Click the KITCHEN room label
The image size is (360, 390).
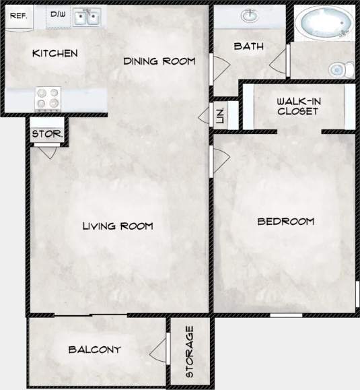tap(55, 53)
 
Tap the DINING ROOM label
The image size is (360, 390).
tap(159, 61)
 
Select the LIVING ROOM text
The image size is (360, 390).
tap(117, 226)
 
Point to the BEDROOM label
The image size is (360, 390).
tap(286, 221)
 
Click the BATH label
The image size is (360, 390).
tap(248, 46)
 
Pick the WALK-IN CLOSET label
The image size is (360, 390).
tap(297, 106)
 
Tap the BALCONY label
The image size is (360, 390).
tap(94, 350)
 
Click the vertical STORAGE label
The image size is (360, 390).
tap(190, 352)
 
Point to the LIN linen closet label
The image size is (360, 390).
tap(220, 115)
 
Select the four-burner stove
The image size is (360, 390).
tap(46, 99)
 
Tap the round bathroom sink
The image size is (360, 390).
tap(253, 15)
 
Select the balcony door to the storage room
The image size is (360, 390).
tap(159, 350)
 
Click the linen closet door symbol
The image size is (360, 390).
tap(205, 115)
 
